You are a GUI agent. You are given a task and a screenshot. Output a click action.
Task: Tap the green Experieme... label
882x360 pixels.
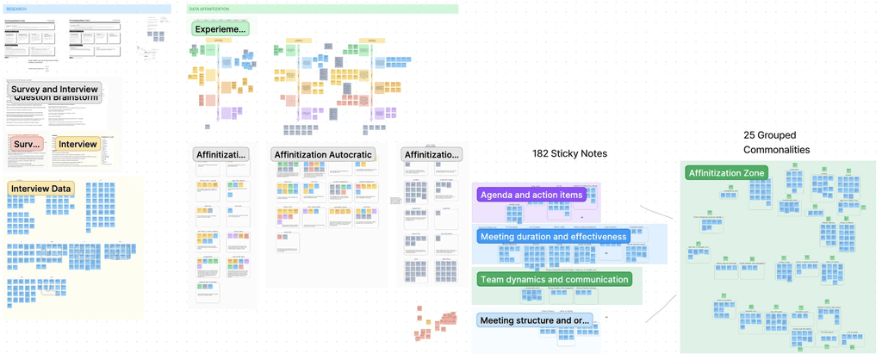click(x=220, y=29)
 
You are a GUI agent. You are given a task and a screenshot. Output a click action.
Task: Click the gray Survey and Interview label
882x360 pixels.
click(x=54, y=90)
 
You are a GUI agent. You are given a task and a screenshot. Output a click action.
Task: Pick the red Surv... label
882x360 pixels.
click(x=28, y=144)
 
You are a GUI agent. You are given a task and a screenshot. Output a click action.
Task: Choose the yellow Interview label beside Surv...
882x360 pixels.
click(x=78, y=144)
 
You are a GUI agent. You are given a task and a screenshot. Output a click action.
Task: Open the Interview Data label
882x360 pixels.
click(x=40, y=188)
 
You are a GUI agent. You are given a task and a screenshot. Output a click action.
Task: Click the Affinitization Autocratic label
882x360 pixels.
click(x=323, y=154)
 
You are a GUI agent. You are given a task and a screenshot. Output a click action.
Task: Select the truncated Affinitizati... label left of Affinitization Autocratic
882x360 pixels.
click(x=221, y=154)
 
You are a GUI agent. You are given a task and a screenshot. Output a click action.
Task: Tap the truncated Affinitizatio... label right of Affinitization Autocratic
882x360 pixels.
click(x=432, y=154)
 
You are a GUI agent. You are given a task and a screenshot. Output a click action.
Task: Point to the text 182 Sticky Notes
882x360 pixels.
click(x=569, y=153)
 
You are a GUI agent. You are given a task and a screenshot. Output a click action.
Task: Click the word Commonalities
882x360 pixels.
click(x=777, y=150)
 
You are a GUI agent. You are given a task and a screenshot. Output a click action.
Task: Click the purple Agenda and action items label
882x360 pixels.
click(x=531, y=195)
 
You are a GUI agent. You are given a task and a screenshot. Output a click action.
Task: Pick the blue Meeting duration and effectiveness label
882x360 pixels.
click(x=553, y=237)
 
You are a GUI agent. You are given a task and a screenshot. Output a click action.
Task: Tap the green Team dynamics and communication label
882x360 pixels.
click(x=553, y=279)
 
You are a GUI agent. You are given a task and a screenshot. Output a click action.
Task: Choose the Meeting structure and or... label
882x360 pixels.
click(x=534, y=321)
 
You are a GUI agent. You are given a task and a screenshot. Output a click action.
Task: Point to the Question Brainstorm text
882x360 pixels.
click(x=54, y=97)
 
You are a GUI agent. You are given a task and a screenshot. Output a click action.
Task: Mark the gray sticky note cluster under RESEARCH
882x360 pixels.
click(x=156, y=37)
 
